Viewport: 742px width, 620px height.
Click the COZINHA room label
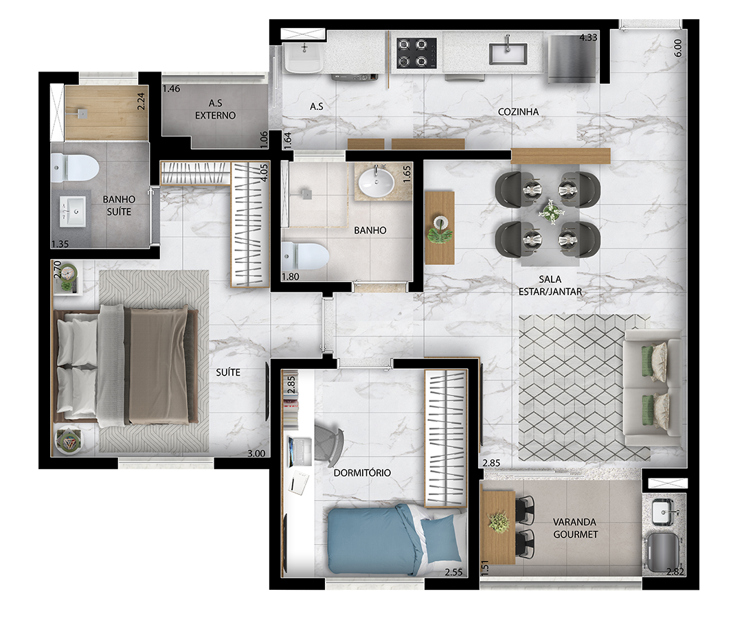pyautogui.click(x=518, y=112)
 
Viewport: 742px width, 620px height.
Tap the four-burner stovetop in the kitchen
pyautogui.click(x=416, y=53)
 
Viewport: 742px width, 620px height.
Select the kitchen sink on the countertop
pyautogui.click(x=508, y=53)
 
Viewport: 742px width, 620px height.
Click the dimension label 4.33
pyautogui.click(x=588, y=37)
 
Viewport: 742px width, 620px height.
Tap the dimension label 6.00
pyautogui.click(x=677, y=48)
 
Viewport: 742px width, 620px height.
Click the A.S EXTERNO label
pyautogui.click(x=215, y=109)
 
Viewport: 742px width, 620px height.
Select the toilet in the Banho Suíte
pyautogui.click(x=74, y=168)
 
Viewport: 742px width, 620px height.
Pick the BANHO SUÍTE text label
pyautogui.click(x=119, y=206)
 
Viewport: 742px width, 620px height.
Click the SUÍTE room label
pyautogui.click(x=227, y=373)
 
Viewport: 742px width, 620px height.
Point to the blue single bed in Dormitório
pyautogui.click(x=395, y=539)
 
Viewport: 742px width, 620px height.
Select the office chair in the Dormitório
pyautogui.click(x=329, y=443)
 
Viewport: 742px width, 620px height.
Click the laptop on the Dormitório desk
pyautogui.click(x=299, y=451)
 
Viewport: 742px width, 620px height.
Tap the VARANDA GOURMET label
pyautogui.click(x=575, y=528)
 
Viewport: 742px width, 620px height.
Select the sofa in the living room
pyautogui.click(x=653, y=388)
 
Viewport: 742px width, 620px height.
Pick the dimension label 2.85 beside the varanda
pyautogui.click(x=491, y=463)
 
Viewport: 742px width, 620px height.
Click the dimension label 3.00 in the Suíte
pyautogui.click(x=256, y=454)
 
